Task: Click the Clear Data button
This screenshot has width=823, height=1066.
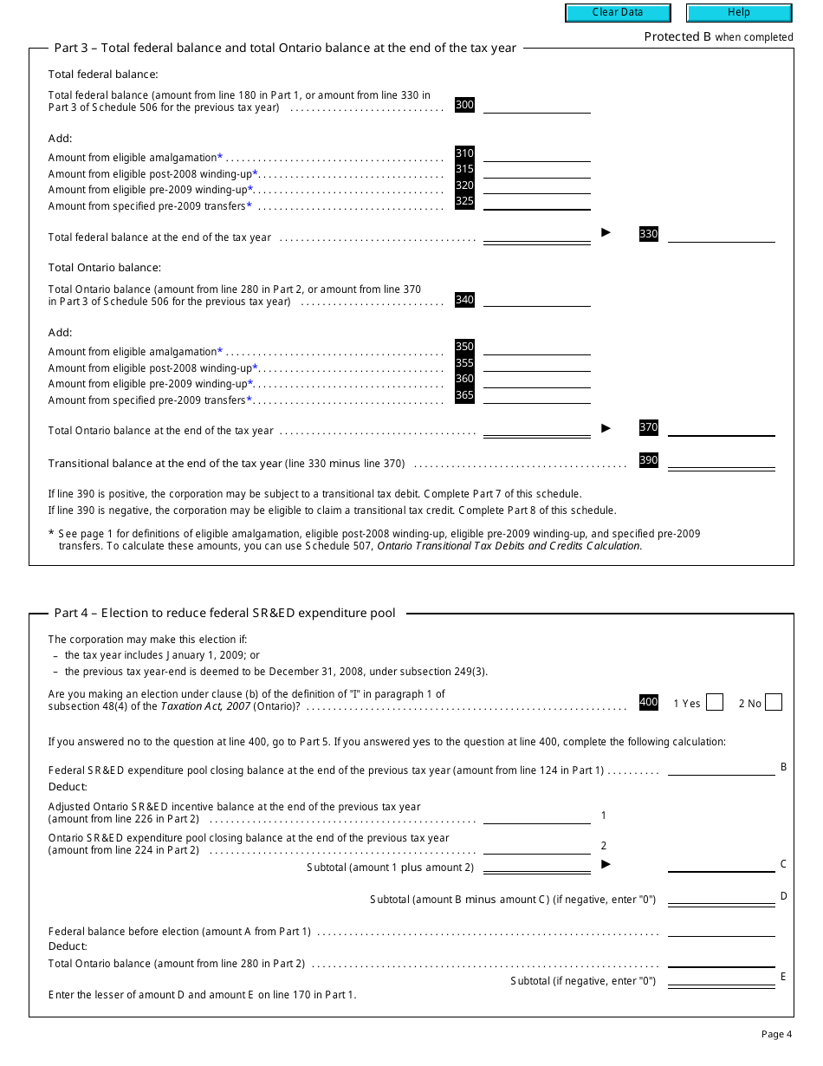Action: [618, 13]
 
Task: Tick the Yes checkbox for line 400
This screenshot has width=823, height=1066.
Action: [714, 703]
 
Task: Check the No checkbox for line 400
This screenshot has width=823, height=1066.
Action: [774, 703]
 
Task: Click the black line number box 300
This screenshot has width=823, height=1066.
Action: [464, 105]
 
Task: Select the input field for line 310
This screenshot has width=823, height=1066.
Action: [536, 154]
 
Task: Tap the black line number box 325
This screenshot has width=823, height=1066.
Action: [464, 202]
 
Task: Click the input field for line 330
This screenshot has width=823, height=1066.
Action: [721, 235]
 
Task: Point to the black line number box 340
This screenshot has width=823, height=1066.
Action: [464, 300]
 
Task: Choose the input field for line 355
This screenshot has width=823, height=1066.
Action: [536, 364]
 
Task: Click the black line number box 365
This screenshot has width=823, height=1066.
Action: [464, 396]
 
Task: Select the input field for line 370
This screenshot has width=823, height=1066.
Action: [721, 428]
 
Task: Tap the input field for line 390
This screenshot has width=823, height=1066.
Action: [721, 461]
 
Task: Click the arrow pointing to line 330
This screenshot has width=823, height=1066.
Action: [606, 232]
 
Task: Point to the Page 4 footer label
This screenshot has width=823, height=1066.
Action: [776, 1034]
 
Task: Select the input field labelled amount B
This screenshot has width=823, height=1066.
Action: [721, 768]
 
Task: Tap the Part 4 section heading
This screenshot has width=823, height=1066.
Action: [224, 613]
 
